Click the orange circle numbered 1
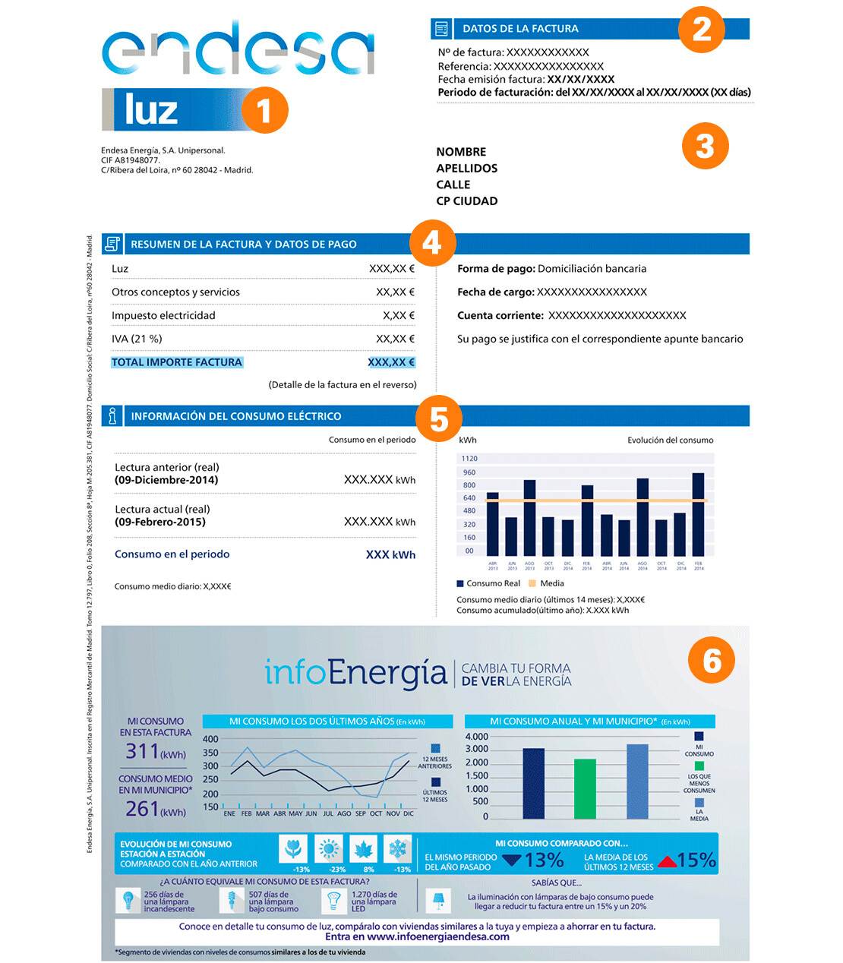264,111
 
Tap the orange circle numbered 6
712,660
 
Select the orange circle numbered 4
432,243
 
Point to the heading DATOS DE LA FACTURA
520,29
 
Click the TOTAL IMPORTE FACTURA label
176,362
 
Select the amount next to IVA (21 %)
395,339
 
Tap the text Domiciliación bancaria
592,269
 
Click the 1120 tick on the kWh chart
469,459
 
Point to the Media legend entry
551,583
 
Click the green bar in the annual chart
585,788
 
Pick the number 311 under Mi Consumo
143,751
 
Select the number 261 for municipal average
143,809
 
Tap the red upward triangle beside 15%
667,861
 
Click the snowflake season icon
397,848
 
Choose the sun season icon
329,848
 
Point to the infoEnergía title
355,673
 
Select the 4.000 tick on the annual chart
476,737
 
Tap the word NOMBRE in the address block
461,152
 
